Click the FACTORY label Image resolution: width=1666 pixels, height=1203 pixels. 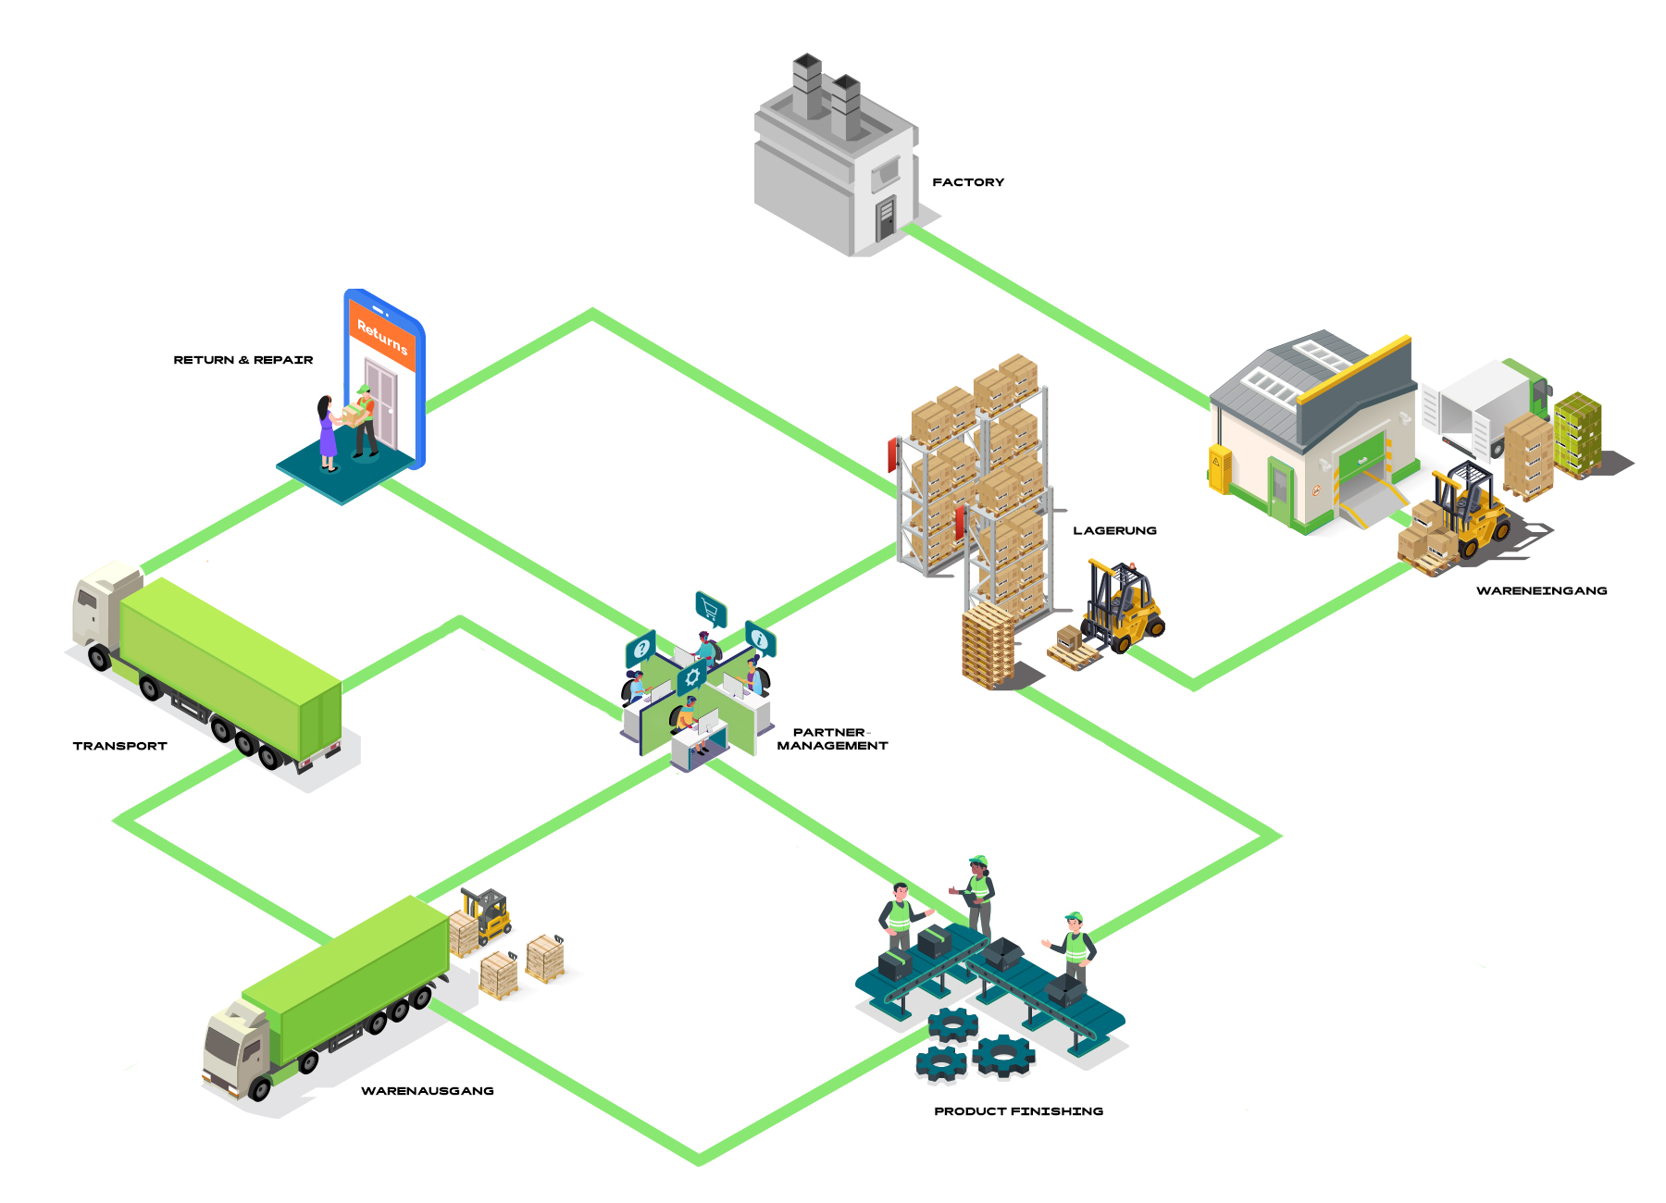click(x=967, y=182)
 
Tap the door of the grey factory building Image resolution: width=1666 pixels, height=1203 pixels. click(x=886, y=218)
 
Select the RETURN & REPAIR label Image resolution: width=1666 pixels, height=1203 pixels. click(x=242, y=360)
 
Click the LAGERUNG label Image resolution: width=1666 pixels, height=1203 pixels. click(x=1114, y=530)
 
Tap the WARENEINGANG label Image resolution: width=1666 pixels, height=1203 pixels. click(x=1541, y=590)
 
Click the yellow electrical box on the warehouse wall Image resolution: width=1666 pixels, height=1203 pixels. click(x=1220, y=468)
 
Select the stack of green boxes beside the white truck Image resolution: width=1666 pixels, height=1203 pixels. click(x=1577, y=433)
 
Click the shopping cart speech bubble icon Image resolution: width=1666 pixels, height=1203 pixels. click(x=710, y=609)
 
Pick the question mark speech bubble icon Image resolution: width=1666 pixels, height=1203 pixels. click(x=640, y=648)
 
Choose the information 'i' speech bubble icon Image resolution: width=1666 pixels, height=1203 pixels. click(x=760, y=639)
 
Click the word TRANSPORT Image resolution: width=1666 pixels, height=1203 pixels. click(x=119, y=746)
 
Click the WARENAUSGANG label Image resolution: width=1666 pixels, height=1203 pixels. click(x=427, y=1091)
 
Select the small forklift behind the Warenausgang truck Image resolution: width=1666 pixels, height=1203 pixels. click(x=488, y=912)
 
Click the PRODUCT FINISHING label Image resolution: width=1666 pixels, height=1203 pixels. click(x=1018, y=1111)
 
